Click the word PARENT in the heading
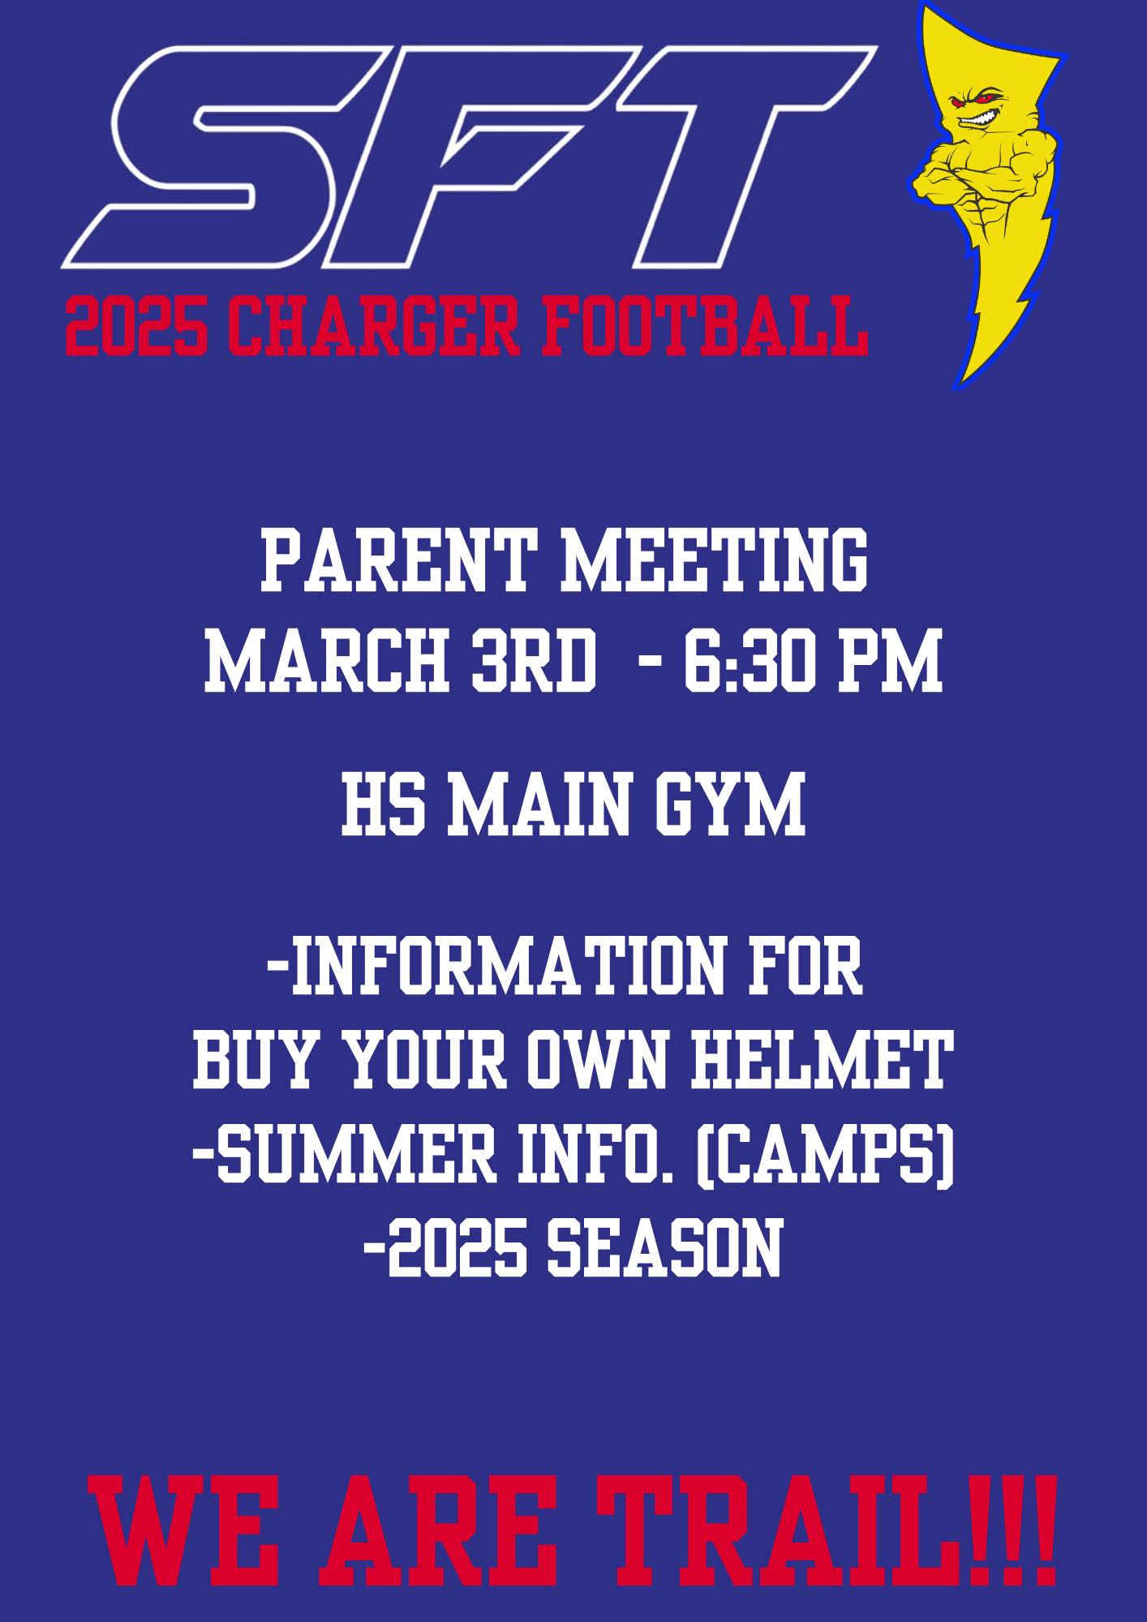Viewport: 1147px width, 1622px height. (x=398, y=560)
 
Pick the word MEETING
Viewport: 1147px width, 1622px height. (x=715, y=560)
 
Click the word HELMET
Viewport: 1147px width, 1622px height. (x=818, y=1059)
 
